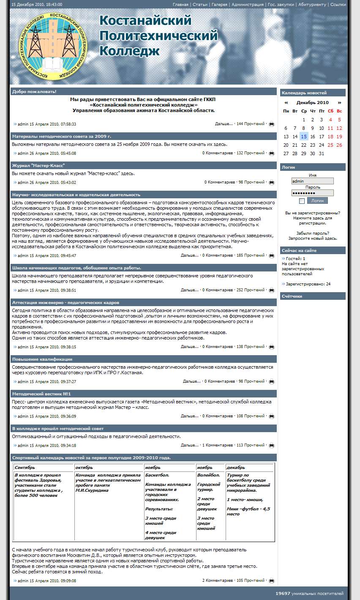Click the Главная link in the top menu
(x=180, y=5)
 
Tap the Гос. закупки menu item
(x=281, y=5)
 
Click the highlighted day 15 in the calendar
(x=304, y=137)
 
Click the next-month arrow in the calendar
(x=339, y=103)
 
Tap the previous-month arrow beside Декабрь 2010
(x=286, y=103)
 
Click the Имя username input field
(x=312, y=181)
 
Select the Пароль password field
(x=312, y=193)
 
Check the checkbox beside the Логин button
(x=302, y=201)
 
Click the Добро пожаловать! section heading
(x=34, y=92)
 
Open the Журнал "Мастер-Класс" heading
(x=38, y=165)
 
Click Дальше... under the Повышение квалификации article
(x=191, y=381)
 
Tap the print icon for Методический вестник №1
(x=272, y=416)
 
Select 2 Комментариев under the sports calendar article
(x=217, y=581)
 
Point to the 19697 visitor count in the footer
(x=283, y=594)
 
